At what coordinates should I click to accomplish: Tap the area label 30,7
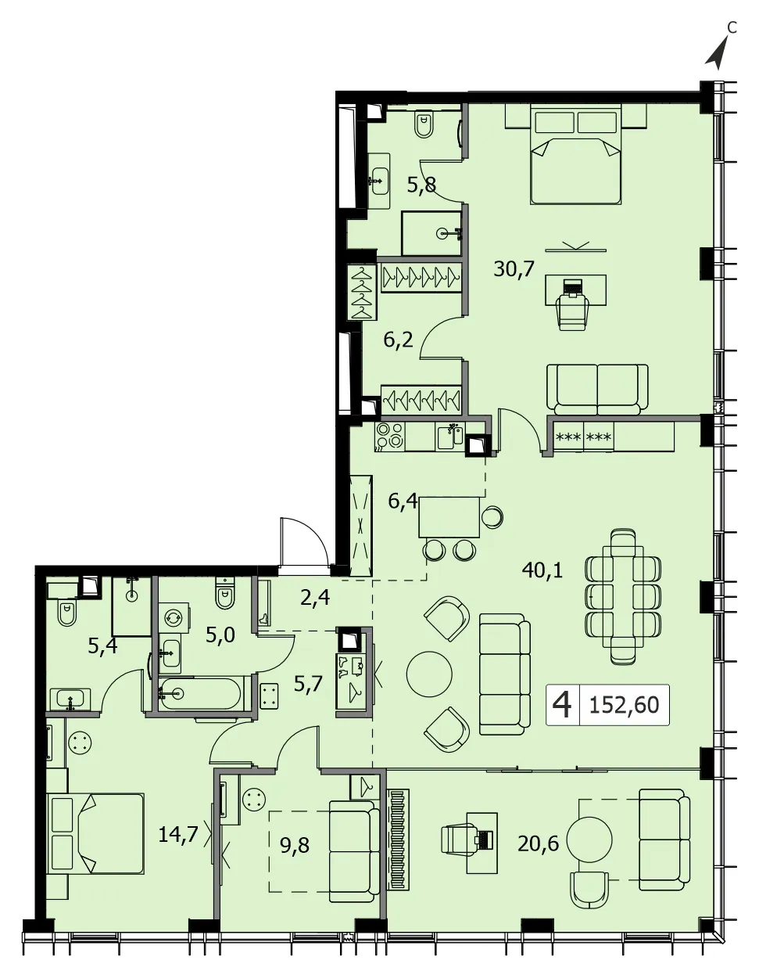(514, 268)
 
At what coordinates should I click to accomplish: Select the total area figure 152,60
(624, 705)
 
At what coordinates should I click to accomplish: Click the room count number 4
(563, 705)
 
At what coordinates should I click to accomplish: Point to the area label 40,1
(542, 570)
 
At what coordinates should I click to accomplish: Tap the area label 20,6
(539, 843)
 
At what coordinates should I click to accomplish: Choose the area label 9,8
(295, 845)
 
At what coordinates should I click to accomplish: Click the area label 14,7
(178, 835)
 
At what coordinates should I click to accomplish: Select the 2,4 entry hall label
(315, 598)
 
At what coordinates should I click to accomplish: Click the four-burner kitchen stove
(390, 436)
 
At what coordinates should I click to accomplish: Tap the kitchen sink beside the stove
(450, 437)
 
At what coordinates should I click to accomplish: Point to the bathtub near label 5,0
(202, 693)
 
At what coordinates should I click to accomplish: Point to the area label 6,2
(399, 340)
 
